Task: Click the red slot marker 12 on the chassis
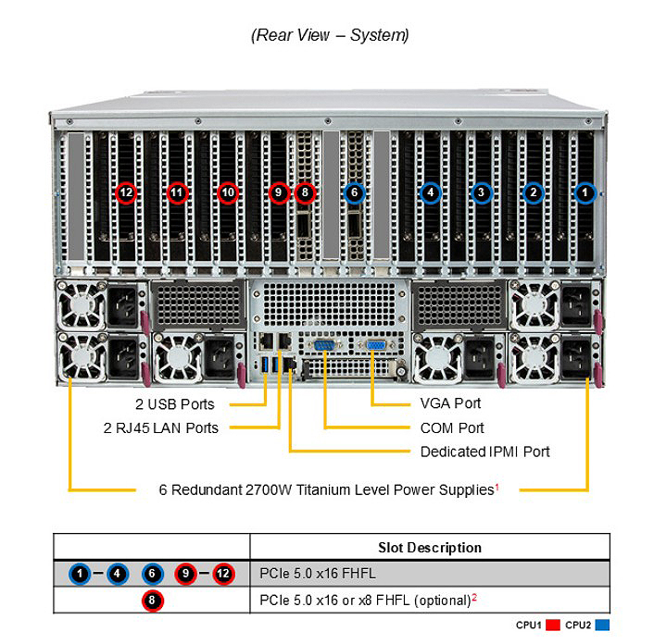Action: point(126,192)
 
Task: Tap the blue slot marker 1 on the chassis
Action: point(585,192)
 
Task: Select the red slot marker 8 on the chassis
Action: point(305,192)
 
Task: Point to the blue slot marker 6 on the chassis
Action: point(354,192)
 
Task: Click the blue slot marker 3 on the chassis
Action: point(482,192)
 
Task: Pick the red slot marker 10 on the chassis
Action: point(228,192)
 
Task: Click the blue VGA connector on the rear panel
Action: point(376,345)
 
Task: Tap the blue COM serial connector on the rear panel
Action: point(323,345)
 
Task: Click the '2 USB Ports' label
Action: point(175,404)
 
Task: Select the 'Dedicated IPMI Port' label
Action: point(485,452)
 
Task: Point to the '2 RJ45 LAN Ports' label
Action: point(161,427)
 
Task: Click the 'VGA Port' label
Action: point(450,403)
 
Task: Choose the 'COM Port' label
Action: point(452,427)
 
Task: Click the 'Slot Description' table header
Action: point(430,548)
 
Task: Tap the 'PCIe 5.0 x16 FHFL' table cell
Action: point(318,574)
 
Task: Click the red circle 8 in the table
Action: point(152,601)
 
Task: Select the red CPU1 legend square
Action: point(553,625)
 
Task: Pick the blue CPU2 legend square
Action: point(602,625)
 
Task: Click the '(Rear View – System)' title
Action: point(330,35)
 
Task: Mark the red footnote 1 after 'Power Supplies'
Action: point(497,486)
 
